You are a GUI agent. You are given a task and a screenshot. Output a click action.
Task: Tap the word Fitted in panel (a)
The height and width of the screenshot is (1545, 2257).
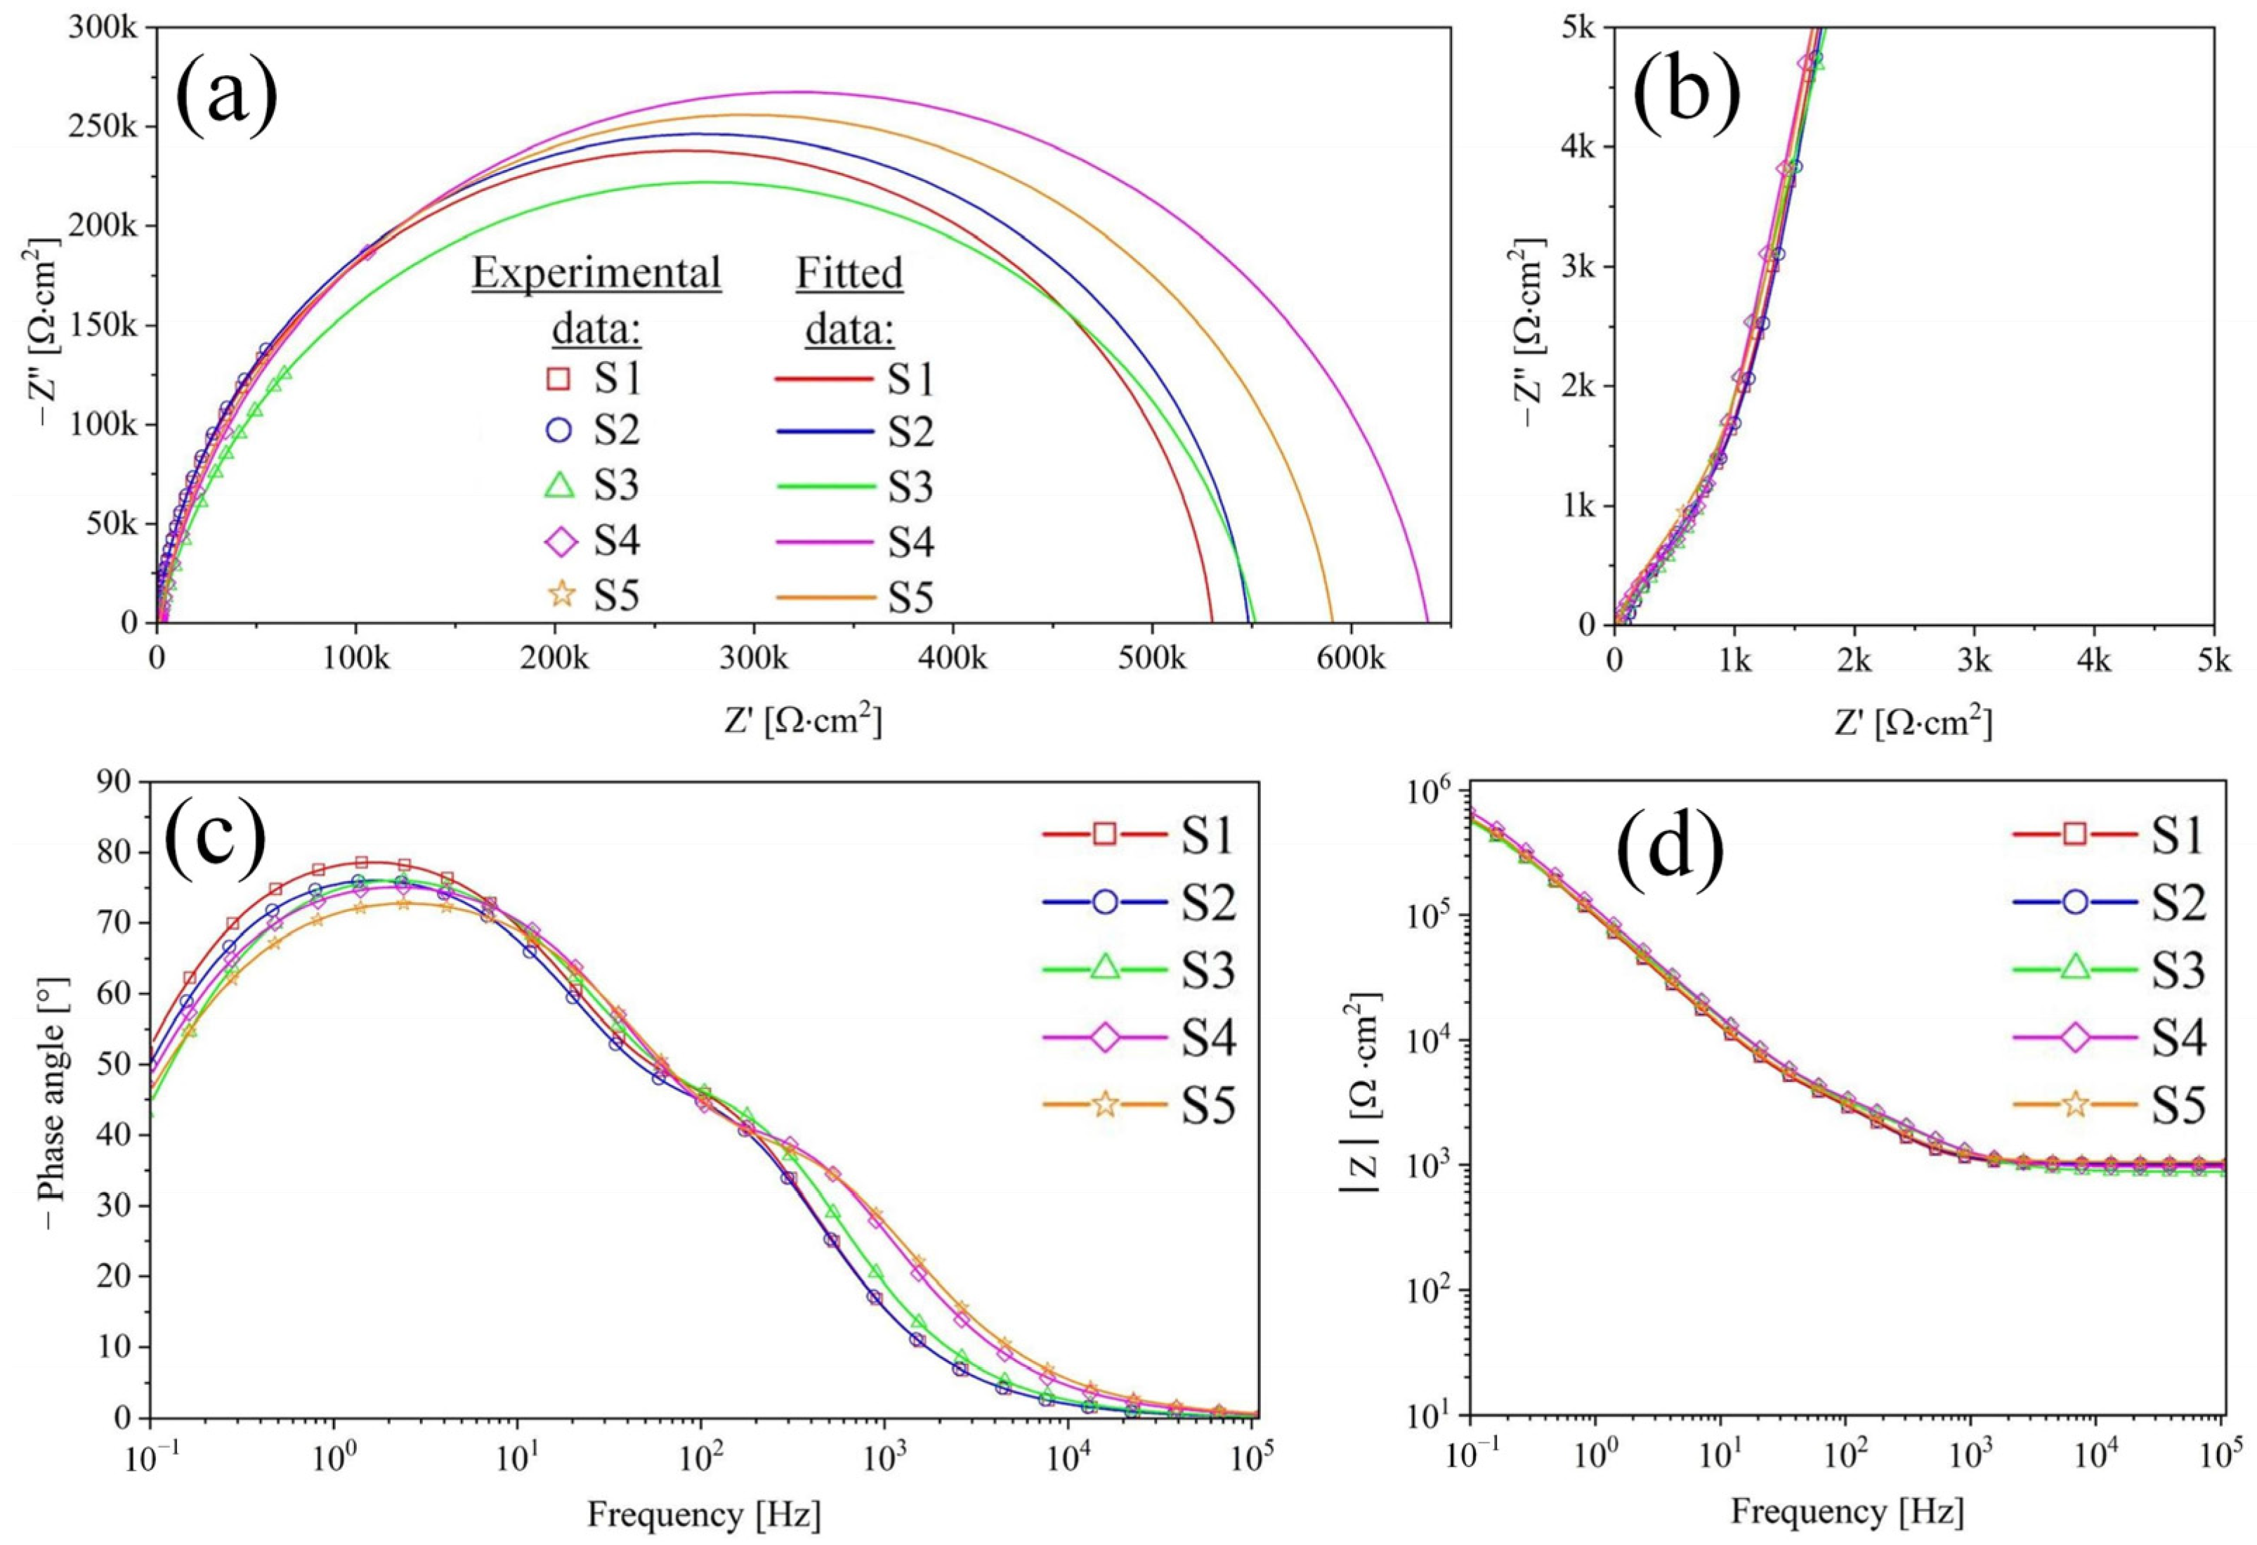coord(849,274)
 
